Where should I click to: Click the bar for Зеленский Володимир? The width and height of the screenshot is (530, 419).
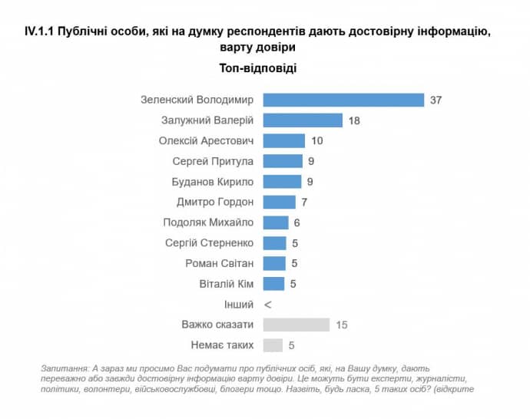343,100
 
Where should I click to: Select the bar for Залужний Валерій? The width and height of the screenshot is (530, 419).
303,120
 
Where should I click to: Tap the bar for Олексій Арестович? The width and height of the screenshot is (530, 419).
284,141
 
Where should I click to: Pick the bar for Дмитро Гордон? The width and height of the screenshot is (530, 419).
280,202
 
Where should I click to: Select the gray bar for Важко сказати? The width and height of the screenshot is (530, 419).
296,325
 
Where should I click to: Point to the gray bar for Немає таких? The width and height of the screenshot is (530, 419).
273,345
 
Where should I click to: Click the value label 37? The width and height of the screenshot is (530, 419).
437,101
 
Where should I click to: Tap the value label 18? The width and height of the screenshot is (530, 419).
354,120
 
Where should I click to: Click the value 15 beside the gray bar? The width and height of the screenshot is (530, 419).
342,325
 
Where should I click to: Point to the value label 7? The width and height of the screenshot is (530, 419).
304,203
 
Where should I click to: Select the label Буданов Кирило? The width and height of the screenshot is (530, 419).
213,182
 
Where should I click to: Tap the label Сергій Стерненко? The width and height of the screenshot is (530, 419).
210,243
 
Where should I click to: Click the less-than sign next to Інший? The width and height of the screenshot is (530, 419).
267,305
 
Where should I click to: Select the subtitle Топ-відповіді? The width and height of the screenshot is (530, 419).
264,67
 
